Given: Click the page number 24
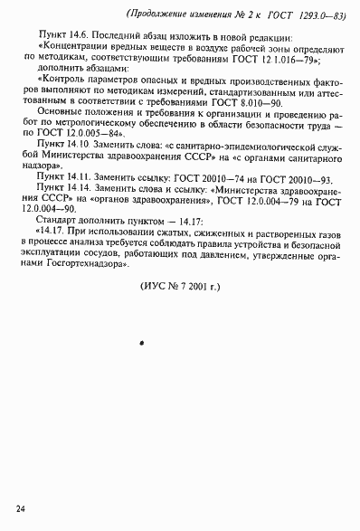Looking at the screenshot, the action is [x=20, y=515].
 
